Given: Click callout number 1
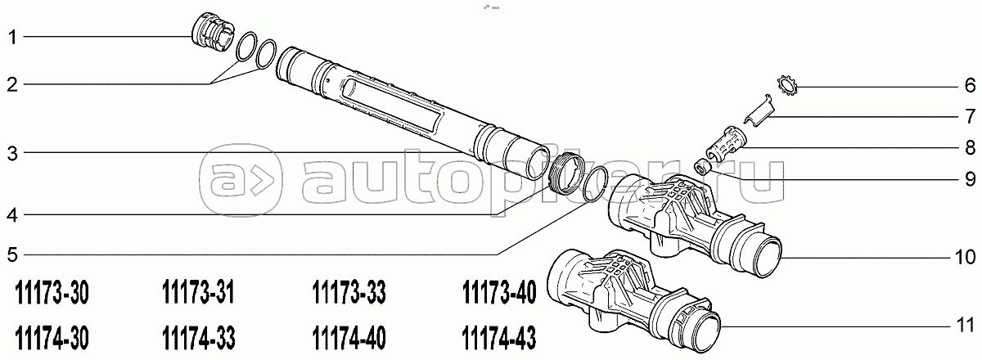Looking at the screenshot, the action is (13, 38).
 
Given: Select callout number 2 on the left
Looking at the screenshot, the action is (12, 84).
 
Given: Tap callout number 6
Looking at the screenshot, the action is (970, 85).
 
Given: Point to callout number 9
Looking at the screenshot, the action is (970, 179).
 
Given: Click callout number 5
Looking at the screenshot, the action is (12, 254).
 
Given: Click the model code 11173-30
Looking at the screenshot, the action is (52, 293).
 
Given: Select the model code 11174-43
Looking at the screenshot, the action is (499, 338).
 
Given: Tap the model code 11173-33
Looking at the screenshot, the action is (349, 293).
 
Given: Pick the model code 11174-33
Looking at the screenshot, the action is (199, 338).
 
